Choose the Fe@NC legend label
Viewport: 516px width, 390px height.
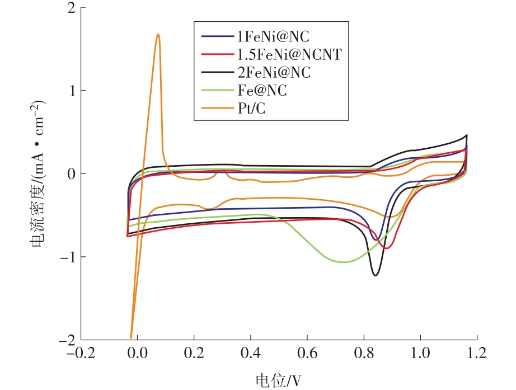tap(261, 90)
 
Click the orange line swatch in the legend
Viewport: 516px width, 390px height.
tap(214, 108)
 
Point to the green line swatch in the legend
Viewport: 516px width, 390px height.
tap(214, 90)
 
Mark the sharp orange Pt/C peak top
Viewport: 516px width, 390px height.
tap(158, 34)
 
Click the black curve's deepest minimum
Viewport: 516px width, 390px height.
tap(375, 275)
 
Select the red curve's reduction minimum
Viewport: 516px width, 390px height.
tap(387, 248)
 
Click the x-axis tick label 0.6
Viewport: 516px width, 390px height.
tap(307, 354)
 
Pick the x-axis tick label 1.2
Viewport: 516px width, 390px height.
tap(476, 354)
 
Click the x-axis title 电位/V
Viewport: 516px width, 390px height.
tap(278, 380)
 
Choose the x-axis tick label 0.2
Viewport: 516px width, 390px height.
tap(194, 354)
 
